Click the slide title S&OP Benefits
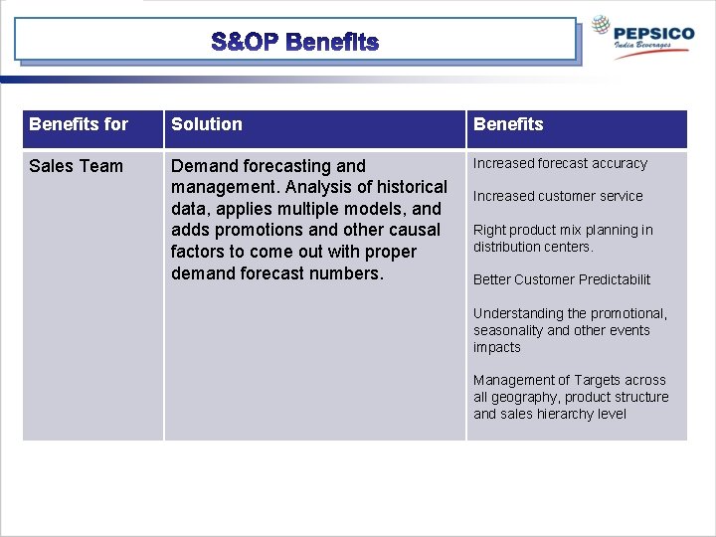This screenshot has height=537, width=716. point(295,42)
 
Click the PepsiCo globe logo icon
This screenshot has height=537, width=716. point(601,27)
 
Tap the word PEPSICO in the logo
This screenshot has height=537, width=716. point(654,33)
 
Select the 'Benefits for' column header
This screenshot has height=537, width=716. point(79,124)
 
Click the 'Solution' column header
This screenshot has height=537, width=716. point(207,124)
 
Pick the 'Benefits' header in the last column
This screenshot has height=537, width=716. point(508,124)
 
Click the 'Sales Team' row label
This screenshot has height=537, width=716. point(77,166)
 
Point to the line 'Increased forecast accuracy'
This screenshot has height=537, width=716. point(560,163)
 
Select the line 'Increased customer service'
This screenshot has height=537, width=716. point(558,196)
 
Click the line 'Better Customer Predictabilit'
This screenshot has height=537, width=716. point(562,279)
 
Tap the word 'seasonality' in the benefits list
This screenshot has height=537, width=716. point(508,330)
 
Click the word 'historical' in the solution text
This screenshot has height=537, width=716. point(412,187)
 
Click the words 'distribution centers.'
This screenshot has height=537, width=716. point(533,247)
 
